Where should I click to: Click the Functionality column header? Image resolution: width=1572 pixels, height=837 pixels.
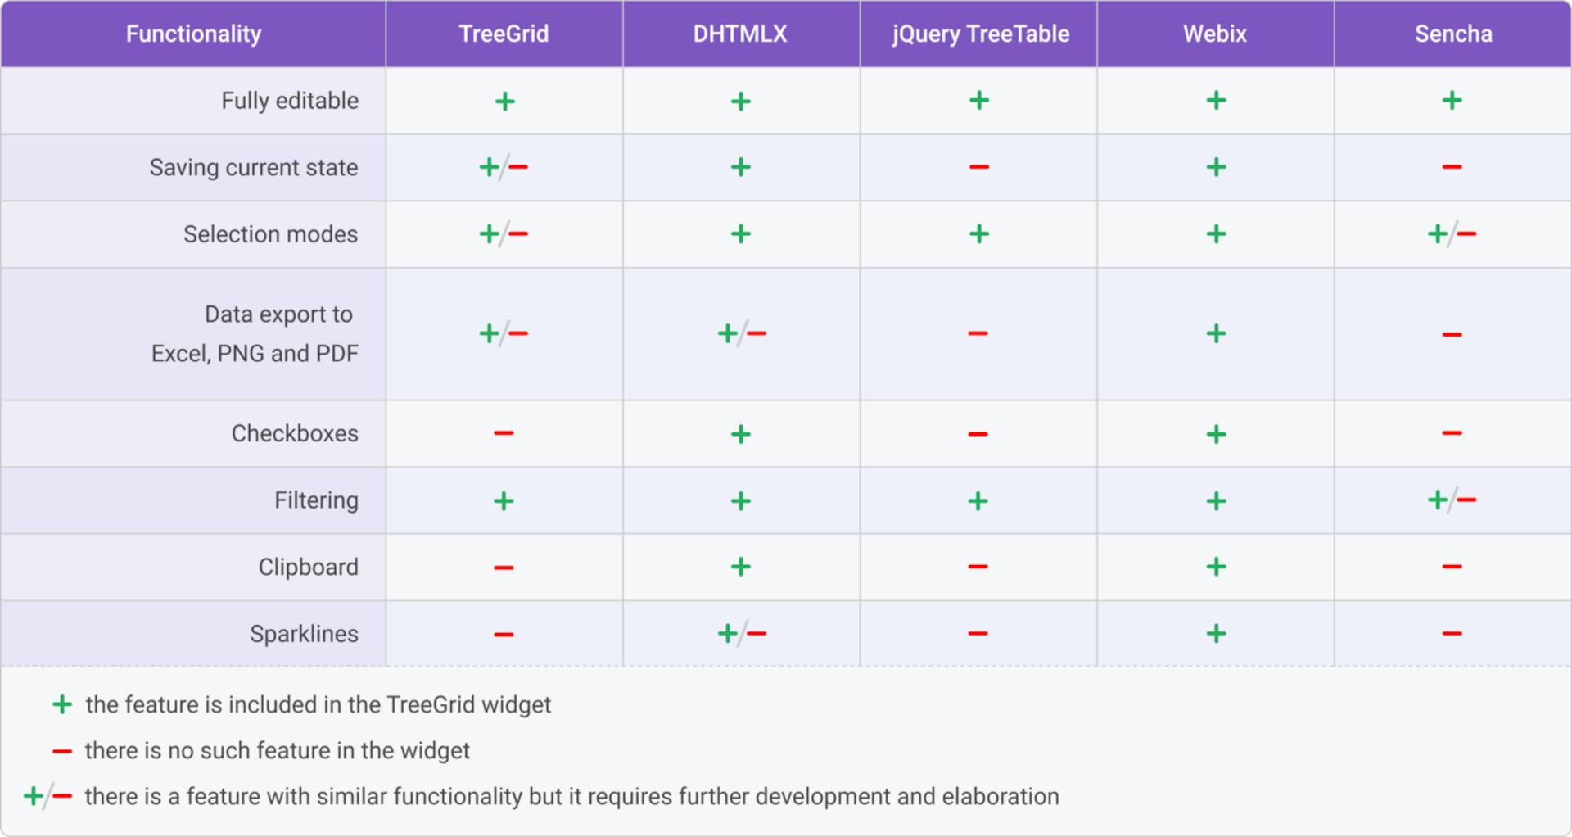[x=193, y=34]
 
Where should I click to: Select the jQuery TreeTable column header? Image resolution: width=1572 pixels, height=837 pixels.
[x=980, y=34]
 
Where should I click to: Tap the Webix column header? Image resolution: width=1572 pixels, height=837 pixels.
[x=1215, y=34]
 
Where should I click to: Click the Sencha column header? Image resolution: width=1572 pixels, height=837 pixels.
[x=1453, y=34]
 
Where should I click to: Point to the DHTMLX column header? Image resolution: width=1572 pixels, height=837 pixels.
[x=740, y=34]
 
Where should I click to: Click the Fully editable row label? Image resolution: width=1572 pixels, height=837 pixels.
[x=290, y=101]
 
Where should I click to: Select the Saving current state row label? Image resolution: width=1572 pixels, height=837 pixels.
[x=254, y=167]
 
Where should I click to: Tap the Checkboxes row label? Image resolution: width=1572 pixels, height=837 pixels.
[x=295, y=433]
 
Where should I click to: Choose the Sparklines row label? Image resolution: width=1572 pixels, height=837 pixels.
[x=304, y=634]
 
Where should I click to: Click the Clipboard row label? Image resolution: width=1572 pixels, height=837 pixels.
[x=308, y=567]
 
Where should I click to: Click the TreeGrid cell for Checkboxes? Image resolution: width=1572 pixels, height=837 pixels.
[x=504, y=433]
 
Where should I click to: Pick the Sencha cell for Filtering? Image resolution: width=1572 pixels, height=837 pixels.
[x=1452, y=500]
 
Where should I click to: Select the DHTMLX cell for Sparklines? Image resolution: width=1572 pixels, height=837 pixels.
[x=741, y=634]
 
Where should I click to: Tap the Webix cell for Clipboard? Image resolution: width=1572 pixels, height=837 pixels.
[x=1216, y=567]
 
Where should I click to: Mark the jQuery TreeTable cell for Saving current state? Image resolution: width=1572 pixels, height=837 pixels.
[x=978, y=167]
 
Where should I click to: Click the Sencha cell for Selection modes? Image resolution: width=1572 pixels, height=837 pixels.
[x=1452, y=234]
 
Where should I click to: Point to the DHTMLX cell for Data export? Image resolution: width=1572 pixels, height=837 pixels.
[x=741, y=333]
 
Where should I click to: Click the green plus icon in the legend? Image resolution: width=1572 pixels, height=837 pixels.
[x=62, y=704]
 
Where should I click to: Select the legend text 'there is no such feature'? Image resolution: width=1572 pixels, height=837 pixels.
[x=277, y=750]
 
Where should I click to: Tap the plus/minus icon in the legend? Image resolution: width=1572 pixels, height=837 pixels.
[x=47, y=796]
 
